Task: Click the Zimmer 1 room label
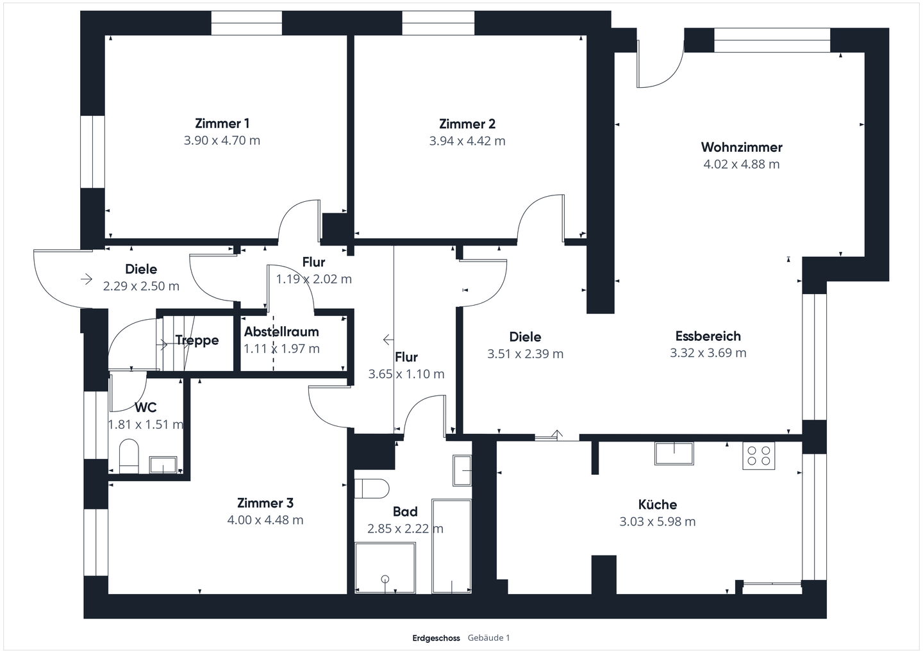click(222, 124)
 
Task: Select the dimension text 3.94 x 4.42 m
click(467, 141)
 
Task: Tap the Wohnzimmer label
click(741, 147)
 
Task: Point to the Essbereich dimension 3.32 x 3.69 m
click(708, 353)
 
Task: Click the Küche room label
click(657, 504)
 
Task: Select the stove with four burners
click(758, 455)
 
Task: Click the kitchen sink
click(674, 453)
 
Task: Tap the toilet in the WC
click(129, 456)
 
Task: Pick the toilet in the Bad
click(372, 488)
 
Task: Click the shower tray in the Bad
click(385, 568)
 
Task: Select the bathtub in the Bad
click(451, 546)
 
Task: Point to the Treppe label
click(197, 340)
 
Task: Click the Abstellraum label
click(281, 332)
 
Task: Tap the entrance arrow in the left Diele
click(86, 279)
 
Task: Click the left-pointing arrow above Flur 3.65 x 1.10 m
click(388, 339)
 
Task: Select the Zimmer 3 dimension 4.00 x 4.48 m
click(265, 520)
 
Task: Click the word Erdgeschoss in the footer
click(436, 638)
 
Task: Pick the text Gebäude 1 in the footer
click(488, 638)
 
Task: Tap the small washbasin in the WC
click(163, 465)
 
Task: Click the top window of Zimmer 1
click(246, 23)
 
